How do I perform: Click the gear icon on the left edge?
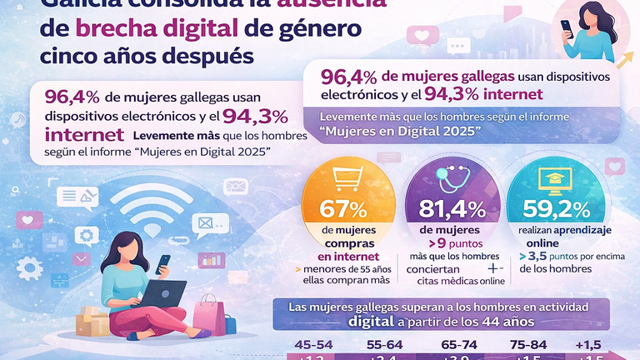(x=31, y=268)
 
